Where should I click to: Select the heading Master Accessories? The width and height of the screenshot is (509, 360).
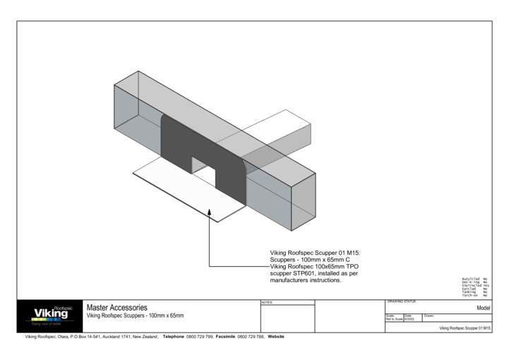[116, 308]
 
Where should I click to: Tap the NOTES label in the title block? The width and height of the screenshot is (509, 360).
[267, 302]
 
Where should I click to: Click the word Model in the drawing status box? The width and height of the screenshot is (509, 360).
[483, 308]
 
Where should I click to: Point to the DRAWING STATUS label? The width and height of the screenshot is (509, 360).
[402, 302]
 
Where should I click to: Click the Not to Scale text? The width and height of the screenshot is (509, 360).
[394, 320]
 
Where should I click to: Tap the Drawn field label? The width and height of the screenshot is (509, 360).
[429, 316]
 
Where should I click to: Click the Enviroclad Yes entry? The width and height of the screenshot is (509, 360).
[474, 285]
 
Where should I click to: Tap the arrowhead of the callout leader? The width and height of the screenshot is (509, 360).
[210, 214]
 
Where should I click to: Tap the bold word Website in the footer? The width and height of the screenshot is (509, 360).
[276, 337]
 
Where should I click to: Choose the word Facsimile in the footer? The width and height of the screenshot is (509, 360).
[230, 337]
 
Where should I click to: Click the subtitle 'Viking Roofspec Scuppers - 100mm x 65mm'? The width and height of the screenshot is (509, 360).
[135, 316]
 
